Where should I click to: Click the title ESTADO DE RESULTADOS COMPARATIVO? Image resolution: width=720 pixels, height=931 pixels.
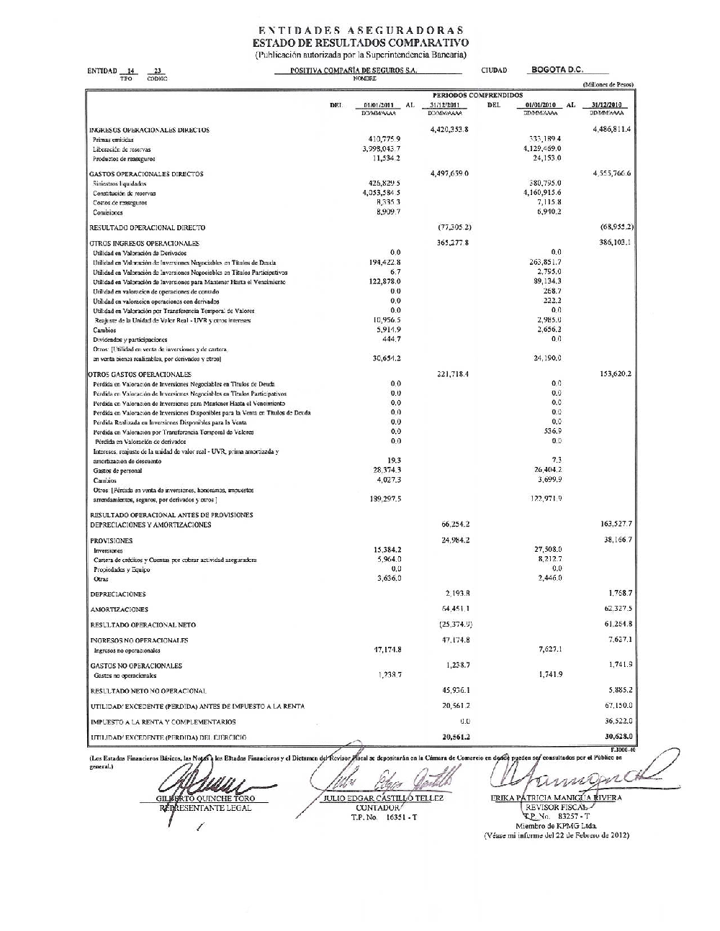[360, 42]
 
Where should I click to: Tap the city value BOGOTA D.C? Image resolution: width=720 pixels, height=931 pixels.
[557, 70]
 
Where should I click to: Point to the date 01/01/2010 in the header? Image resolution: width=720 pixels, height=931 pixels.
[540, 105]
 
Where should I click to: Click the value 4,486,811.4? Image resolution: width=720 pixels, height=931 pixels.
[612, 130]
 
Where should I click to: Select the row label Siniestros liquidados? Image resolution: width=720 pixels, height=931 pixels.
[120, 184]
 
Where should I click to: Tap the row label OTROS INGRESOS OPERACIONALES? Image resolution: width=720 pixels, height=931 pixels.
[144, 244]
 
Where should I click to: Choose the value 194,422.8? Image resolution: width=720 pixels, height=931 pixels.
[385, 263]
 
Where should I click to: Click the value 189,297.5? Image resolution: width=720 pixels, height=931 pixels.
[385, 499]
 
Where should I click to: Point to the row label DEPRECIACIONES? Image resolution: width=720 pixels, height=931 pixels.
[117, 594]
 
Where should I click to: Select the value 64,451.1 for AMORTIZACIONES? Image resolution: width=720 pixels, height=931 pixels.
[456, 609]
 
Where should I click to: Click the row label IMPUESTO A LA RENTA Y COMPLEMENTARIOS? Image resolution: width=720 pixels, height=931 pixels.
[163, 722]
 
